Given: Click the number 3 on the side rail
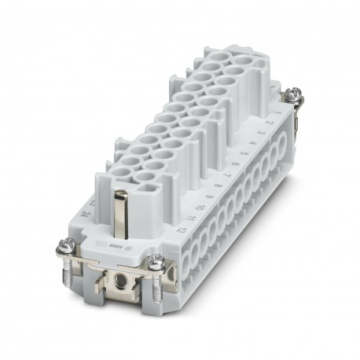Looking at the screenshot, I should tap(254, 138).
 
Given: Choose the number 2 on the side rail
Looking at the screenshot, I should tap(260, 130).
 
